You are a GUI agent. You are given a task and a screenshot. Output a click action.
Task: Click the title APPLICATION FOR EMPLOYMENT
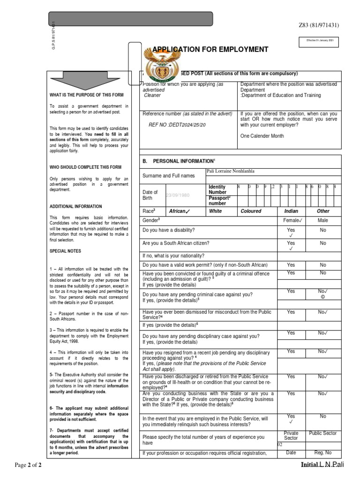(x=210, y=50)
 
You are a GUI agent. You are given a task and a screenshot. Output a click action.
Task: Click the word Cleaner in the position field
(x=152, y=95)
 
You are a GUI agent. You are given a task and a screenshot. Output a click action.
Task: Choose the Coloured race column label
(x=251, y=211)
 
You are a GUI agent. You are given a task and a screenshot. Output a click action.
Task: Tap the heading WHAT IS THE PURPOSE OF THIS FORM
(x=86, y=95)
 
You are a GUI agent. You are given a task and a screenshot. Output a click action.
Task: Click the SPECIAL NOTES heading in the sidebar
(x=65, y=251)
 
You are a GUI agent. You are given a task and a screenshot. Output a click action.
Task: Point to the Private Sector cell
(x=291, y=436)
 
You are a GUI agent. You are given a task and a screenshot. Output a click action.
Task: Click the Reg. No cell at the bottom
(x=322, y=452)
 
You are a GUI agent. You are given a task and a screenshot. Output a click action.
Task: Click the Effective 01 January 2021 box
(x=321, y=42)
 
